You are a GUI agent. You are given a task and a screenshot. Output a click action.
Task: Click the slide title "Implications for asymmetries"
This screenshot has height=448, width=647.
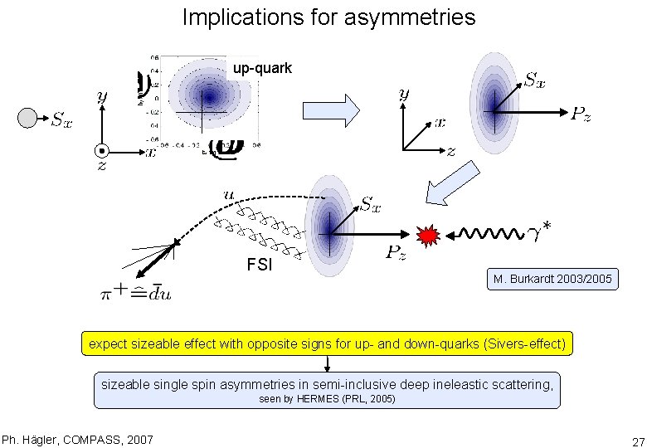pyautogui.click(x=328, y=17)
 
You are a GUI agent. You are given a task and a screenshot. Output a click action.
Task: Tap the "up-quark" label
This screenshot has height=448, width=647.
pyautogui.click(x=262, y=68)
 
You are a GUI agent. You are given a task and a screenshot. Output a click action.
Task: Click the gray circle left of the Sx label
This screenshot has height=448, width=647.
pyautogui.click(x=28, y=119)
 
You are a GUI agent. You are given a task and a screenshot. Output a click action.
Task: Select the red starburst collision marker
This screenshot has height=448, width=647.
pyautogui.click(x=428, y=236)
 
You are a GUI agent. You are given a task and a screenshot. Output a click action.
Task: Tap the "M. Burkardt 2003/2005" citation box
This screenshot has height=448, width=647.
pyautogui.click(x=552, y=280)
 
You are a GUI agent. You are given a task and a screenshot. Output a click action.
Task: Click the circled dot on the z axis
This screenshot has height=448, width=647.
pyautogui.click(x=101, y=152)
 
